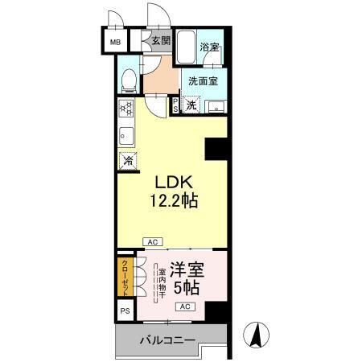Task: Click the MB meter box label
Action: tap(115, 41)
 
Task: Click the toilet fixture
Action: tap(128, 79)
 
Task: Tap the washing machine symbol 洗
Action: tap(191, 105)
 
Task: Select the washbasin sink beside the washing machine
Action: tap(215, 105)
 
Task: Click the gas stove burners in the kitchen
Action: tap(126, 108)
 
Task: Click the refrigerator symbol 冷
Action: tap(127, 161)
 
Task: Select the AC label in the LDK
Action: tap(151, 241)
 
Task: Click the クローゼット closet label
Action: tap(125, 276)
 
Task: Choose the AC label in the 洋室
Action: tap(183, 307)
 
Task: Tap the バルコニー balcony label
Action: tap(167, 341)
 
